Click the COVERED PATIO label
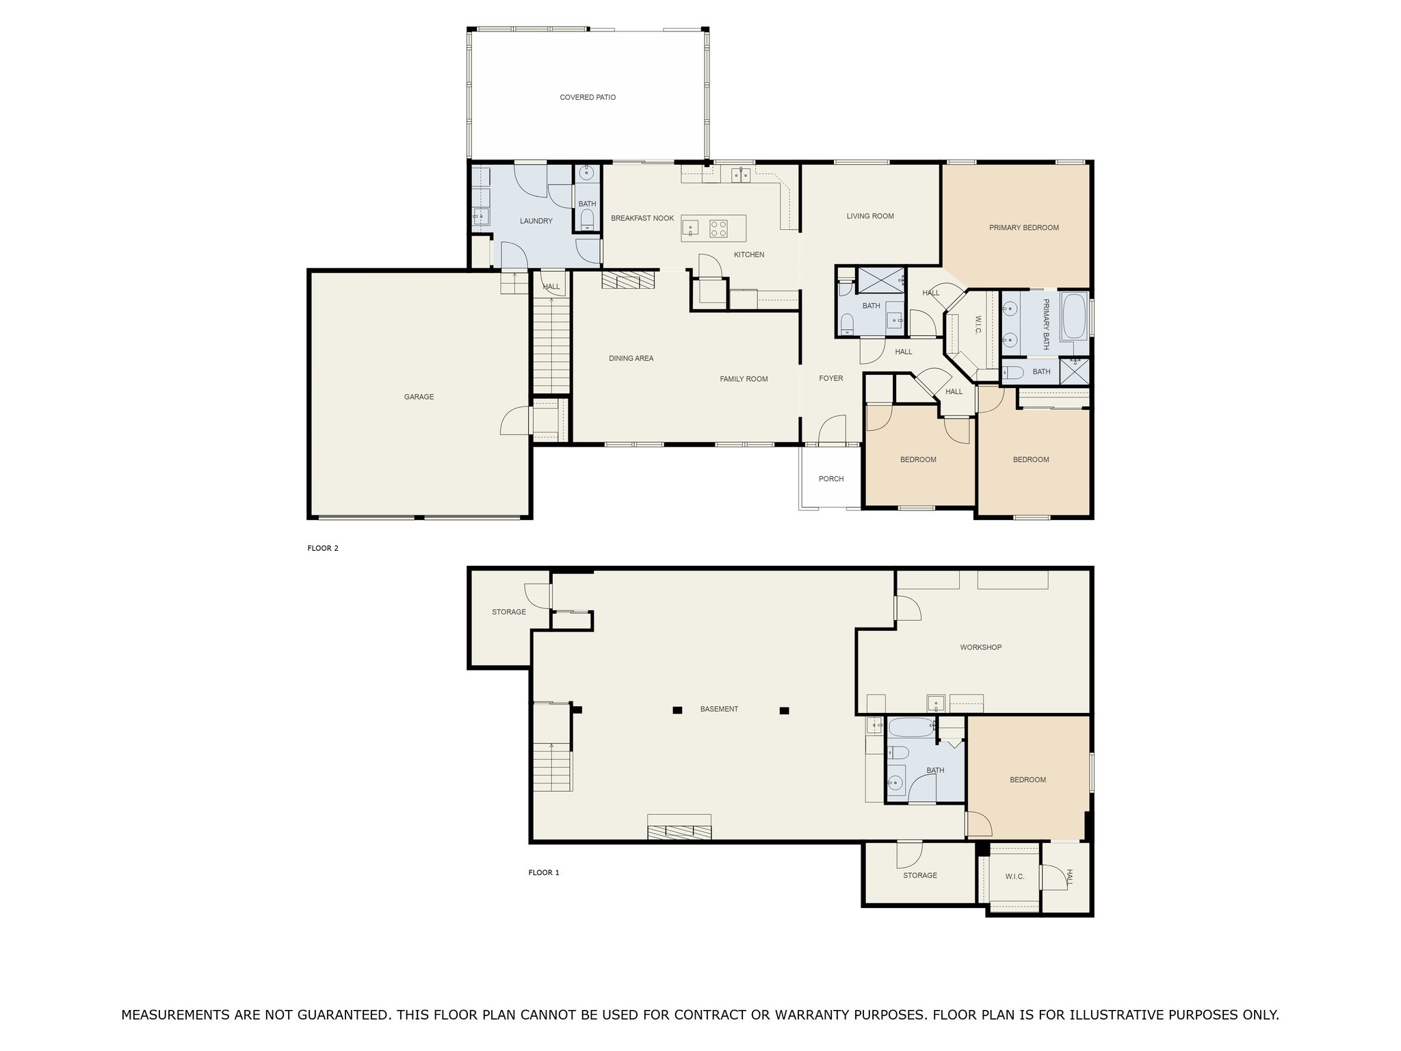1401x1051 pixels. click(x=588, y=98)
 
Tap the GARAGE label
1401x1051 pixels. click(x=419, y=397)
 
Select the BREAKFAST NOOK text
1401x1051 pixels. click(x=642, y=218)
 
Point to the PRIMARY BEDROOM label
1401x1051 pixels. click(x=1023, y=228)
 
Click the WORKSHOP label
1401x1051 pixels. click(x=980, y=647)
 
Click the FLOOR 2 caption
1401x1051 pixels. click(x=323, y=548)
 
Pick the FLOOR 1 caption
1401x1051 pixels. click(x=544, y=872)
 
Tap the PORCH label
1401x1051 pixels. click(x=831, y=479)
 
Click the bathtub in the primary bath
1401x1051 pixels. click(x=1073, y=317)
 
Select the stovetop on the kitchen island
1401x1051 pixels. click(x=718, y=228)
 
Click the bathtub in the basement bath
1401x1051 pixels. click(x=910, y=727)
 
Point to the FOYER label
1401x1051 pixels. click(x=831, y=378)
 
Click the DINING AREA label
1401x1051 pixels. click(x=631, y=359)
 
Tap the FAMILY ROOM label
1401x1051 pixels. click(x=744, y=379)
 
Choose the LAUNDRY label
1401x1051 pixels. click(x=536, y=221)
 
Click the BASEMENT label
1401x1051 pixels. click(x=719, y=709)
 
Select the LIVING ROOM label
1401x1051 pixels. click(x=870, y=216)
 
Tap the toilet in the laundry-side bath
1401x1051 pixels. click(x=587, y=220)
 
